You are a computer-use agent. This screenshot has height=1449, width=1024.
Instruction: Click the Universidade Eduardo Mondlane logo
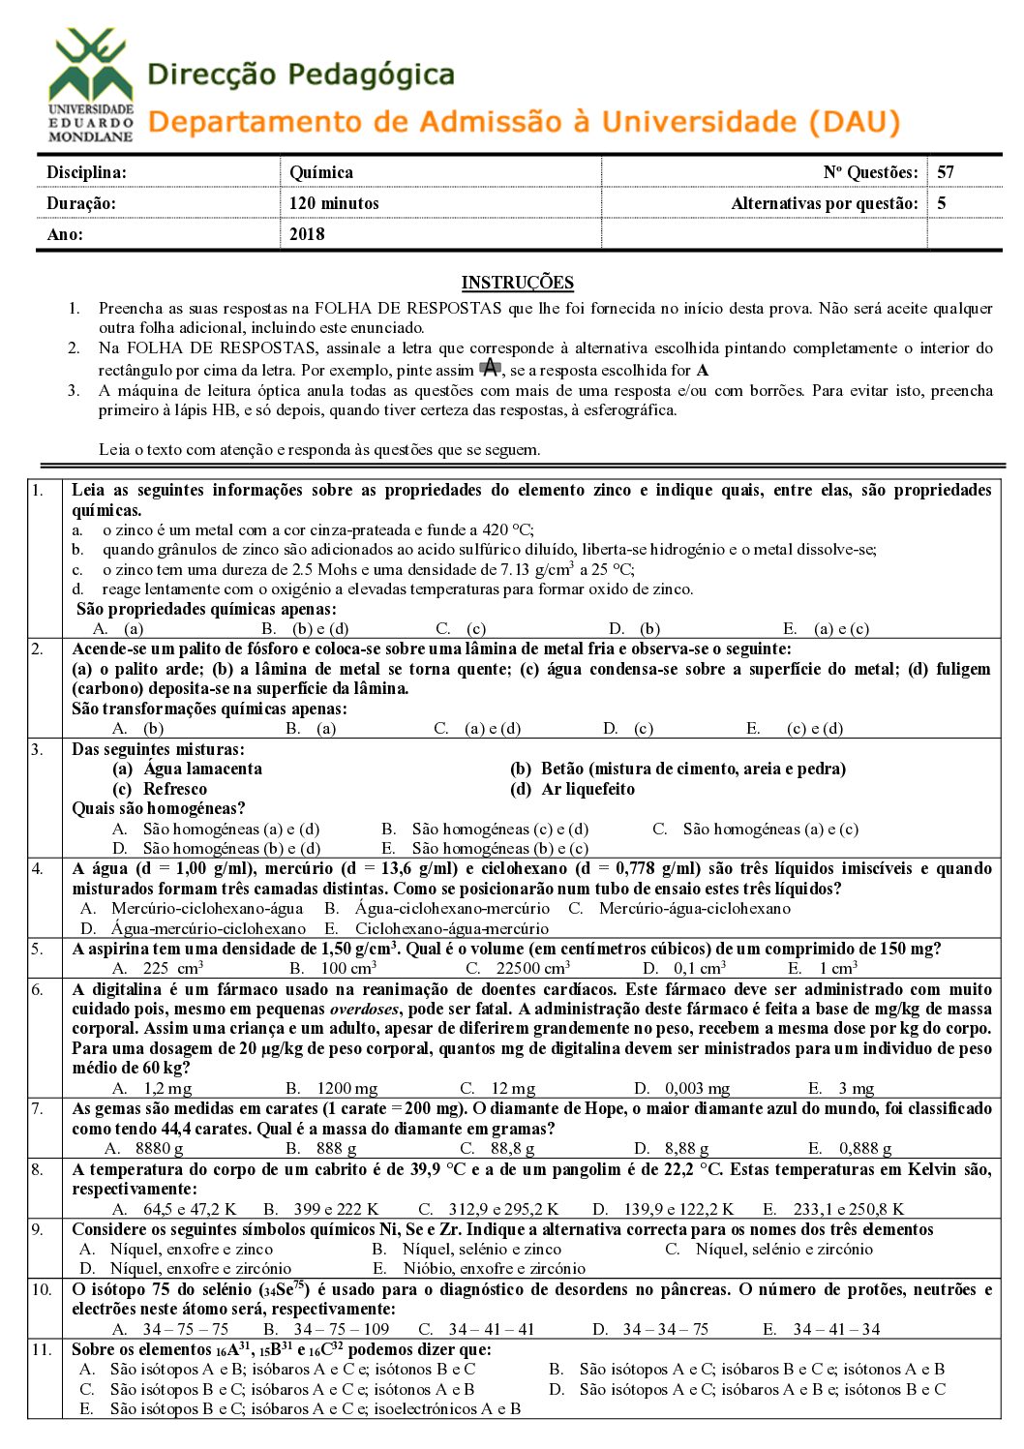[x=91, y=85]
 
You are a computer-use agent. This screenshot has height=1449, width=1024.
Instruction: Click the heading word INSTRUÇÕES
[x=517, y=283]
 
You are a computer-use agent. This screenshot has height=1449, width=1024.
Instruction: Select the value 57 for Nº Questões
[x=946, y=172]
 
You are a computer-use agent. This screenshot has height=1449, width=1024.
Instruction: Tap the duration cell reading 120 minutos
[x=334, y=203]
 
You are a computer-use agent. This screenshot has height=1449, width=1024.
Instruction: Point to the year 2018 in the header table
[x=307, y=233]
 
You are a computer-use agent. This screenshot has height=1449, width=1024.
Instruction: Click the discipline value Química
[x=321, y=172]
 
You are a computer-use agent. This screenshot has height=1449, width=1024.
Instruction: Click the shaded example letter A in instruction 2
[x=491, y=368]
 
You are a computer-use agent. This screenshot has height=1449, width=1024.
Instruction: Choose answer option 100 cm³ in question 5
[x=347, y=968]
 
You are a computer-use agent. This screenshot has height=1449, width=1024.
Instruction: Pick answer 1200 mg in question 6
[x=346, y=1088]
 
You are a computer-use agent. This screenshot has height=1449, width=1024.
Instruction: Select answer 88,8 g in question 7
[x=512, y=1148]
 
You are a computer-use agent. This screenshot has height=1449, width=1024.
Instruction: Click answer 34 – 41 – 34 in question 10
[x=836, y=1329]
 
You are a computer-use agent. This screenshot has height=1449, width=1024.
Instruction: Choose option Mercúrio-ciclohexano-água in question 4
[x=207, y=908]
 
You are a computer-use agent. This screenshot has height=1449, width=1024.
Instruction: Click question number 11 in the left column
[x=42, y=1349]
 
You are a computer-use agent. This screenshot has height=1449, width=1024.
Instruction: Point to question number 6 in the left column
[x=38, y=989]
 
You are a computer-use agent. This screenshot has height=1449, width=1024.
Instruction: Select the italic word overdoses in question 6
[x=364, y=1010]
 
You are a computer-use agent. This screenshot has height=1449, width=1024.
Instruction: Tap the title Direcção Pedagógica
[x=301, y=75]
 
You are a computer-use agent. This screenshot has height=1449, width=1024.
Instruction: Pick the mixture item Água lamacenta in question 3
[x=202, y=769]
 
